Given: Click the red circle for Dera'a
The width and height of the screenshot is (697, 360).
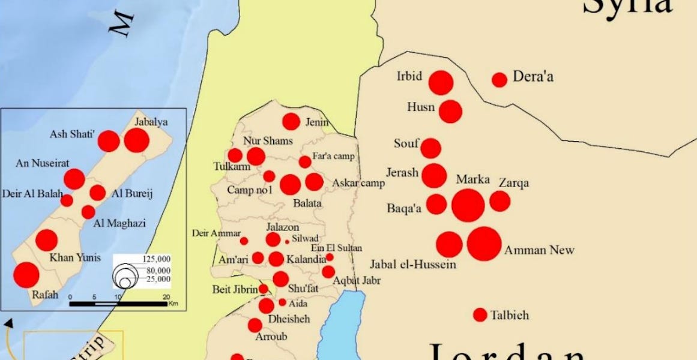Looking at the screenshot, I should tap(499, 80).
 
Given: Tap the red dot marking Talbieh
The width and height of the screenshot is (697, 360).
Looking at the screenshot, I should tap(480, 314).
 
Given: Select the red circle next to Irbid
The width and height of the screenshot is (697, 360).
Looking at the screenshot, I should tap(441, 83).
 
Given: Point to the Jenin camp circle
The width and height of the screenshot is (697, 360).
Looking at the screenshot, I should tap(291, 122).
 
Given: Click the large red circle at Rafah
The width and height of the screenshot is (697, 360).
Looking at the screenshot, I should tap(26, 275).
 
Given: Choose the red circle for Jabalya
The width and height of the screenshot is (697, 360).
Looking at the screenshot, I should tap(136, 140).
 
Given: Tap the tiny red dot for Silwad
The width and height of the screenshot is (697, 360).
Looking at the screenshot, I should tap(287, 241).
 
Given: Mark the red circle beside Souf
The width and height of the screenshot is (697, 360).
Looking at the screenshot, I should tap(430, 148).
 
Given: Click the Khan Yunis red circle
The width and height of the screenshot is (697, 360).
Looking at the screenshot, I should tap(46, 240).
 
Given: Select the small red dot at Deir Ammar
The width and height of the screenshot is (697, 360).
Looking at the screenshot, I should tap(244, 241).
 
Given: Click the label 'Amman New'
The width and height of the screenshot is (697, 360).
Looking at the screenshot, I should tap(540, 250).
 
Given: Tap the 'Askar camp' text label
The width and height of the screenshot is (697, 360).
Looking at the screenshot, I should tap(358, 183).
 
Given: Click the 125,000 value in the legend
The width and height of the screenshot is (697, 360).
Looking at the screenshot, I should tap(157, 259).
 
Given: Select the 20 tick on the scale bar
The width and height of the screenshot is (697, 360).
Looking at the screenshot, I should tap(166, 297).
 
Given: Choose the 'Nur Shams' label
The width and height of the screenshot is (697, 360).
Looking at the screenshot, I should tap(268, 141).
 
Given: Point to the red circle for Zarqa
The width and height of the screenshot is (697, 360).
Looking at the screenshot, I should tap(499, 201).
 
